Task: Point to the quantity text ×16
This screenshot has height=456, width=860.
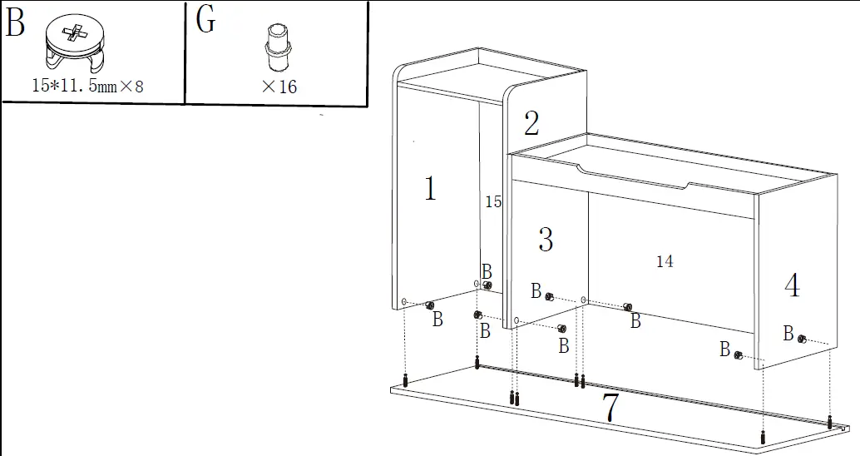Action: pyautogui.click(x=279, y=87)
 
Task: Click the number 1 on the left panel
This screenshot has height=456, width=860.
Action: pyautogui.click(x=429, y=190)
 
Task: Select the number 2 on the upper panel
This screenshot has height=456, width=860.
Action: pyautogui.click(x=531, y=124)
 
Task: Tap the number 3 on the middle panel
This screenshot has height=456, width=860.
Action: pyautogui.click(x=546, y=240)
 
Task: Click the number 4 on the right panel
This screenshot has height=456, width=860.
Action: pyautogui.click(x=792, y=286)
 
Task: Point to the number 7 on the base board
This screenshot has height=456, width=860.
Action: pyautogui.click(x=610, y=408)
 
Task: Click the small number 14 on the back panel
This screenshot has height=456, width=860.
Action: pyautogui.click(x=665, y=261)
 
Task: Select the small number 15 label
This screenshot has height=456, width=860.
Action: pyautogui.click(x=493, y=201)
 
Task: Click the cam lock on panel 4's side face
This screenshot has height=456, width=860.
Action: pyautogui.click(x=802, y=339)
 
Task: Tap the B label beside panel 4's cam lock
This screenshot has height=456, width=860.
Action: pyautogui.click(x=788, y=335)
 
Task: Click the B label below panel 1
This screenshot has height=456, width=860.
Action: pyautogui.click(x=437, y=320)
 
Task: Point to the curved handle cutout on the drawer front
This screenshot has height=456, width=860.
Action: pyautogui.click(x=635, y=179)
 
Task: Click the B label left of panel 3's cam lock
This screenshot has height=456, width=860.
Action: pyautogui.click(x=536, y=291)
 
